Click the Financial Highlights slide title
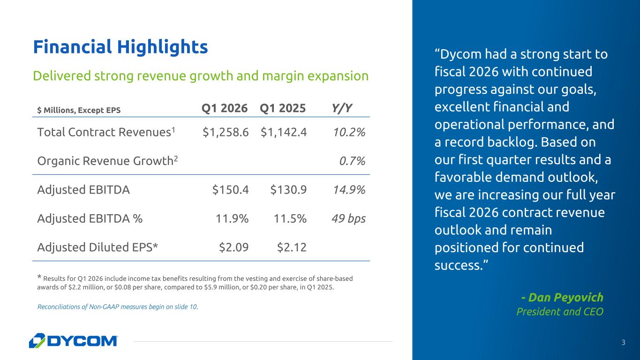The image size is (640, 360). pyautogui.click(x=120, y=47)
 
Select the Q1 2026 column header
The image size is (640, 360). pyautogui.click(x=225, y=109)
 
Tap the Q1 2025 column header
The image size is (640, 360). pyautogui.click(x=283, y=109)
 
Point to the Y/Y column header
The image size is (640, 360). pyautogui.click(x=342, y=109)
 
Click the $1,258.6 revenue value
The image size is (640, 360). pyautogui.click(x=226, y=133)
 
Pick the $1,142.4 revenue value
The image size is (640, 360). pyautogui.click(x=284, y=133)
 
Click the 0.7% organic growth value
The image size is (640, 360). pyautogui.click(x=352, y=161)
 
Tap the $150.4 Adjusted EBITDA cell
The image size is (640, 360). pyautogui.click(x=230, y=190)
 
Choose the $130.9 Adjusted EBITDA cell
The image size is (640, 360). pyautogui.click(x=288, y=190)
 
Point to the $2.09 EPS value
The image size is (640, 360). pyautogui.click(x=234, y=247)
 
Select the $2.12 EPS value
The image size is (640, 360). pyautogui.click(x=292, y=247)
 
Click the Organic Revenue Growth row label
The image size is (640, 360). pyautogui.click(x=107, y=161)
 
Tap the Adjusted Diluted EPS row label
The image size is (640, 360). pyautogui.click(x=98, y=247)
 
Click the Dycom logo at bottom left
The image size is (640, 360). pyautogui.click(x=74, y=341)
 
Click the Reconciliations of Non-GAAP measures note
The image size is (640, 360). pyautogui.click(x=117, y=307)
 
